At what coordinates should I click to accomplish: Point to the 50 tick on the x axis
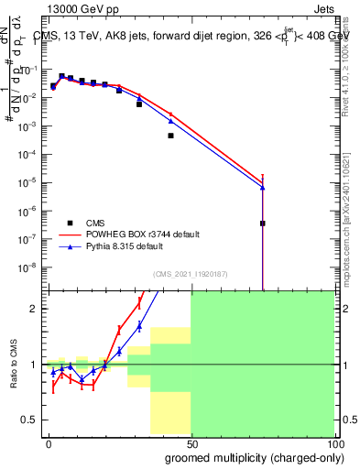191,442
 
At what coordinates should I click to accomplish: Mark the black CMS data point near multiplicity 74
262,223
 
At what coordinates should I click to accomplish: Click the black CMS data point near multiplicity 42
170,136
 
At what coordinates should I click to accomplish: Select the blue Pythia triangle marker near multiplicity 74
262,187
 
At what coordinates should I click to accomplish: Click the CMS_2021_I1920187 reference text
189,273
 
